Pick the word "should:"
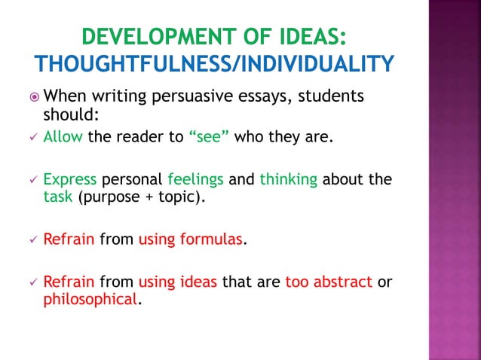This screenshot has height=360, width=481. [x=70, y=115]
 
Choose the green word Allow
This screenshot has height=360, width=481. [x=63, y=137]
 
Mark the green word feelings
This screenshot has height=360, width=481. [x=196, y=180]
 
